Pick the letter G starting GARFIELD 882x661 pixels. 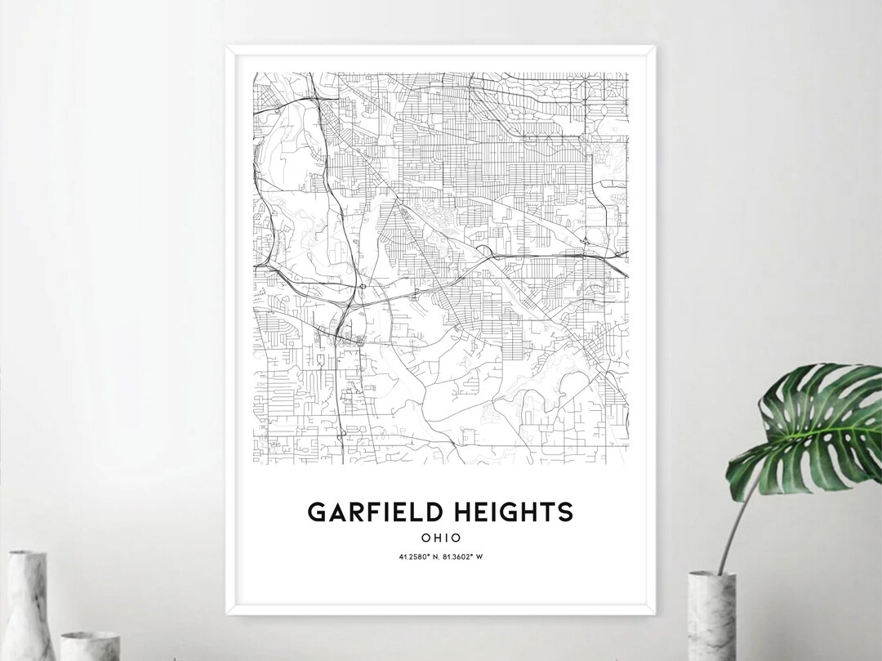(x=316, y=512)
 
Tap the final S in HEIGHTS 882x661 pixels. (x=566, y=512)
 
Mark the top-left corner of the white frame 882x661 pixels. (x=225, y=47)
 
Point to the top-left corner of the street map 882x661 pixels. (x=254, y=73)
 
